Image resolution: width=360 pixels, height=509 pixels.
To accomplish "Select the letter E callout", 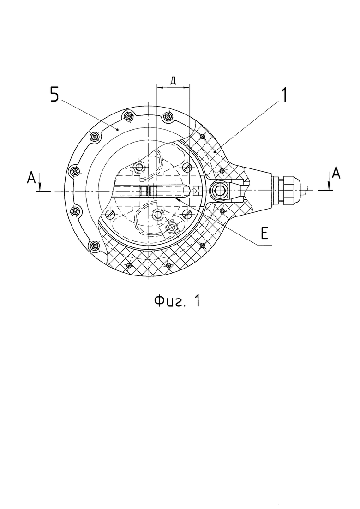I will click(x=264, y=234).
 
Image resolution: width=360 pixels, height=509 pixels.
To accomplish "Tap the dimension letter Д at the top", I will click(x=173, y=81).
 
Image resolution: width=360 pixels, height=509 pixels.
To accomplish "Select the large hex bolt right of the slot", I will click(x=219, y=189).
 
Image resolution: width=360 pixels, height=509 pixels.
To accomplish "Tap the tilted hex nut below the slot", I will click(x=174, y=228).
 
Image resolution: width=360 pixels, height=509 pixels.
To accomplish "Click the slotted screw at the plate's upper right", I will click(x=187, y=167).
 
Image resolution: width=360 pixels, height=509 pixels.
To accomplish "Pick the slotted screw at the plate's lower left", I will click(x=110, y=214).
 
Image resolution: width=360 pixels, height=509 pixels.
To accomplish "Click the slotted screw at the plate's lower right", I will click(x=187, y=214).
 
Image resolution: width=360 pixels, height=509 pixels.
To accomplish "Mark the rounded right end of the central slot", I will click(x=186, y=190).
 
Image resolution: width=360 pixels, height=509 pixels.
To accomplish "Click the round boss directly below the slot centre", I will click(x=158, y=214).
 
